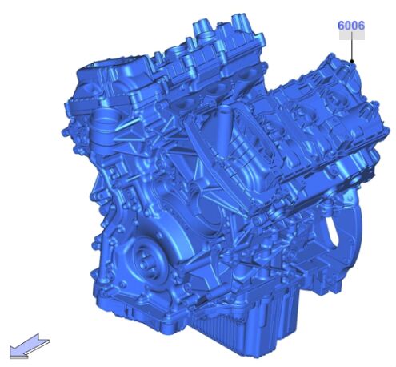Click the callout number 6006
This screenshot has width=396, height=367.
351,26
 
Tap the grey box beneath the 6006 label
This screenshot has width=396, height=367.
352,35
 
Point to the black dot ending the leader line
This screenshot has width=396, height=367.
352,62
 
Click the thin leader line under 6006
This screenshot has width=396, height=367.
352,46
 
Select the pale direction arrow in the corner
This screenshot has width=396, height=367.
29,345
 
